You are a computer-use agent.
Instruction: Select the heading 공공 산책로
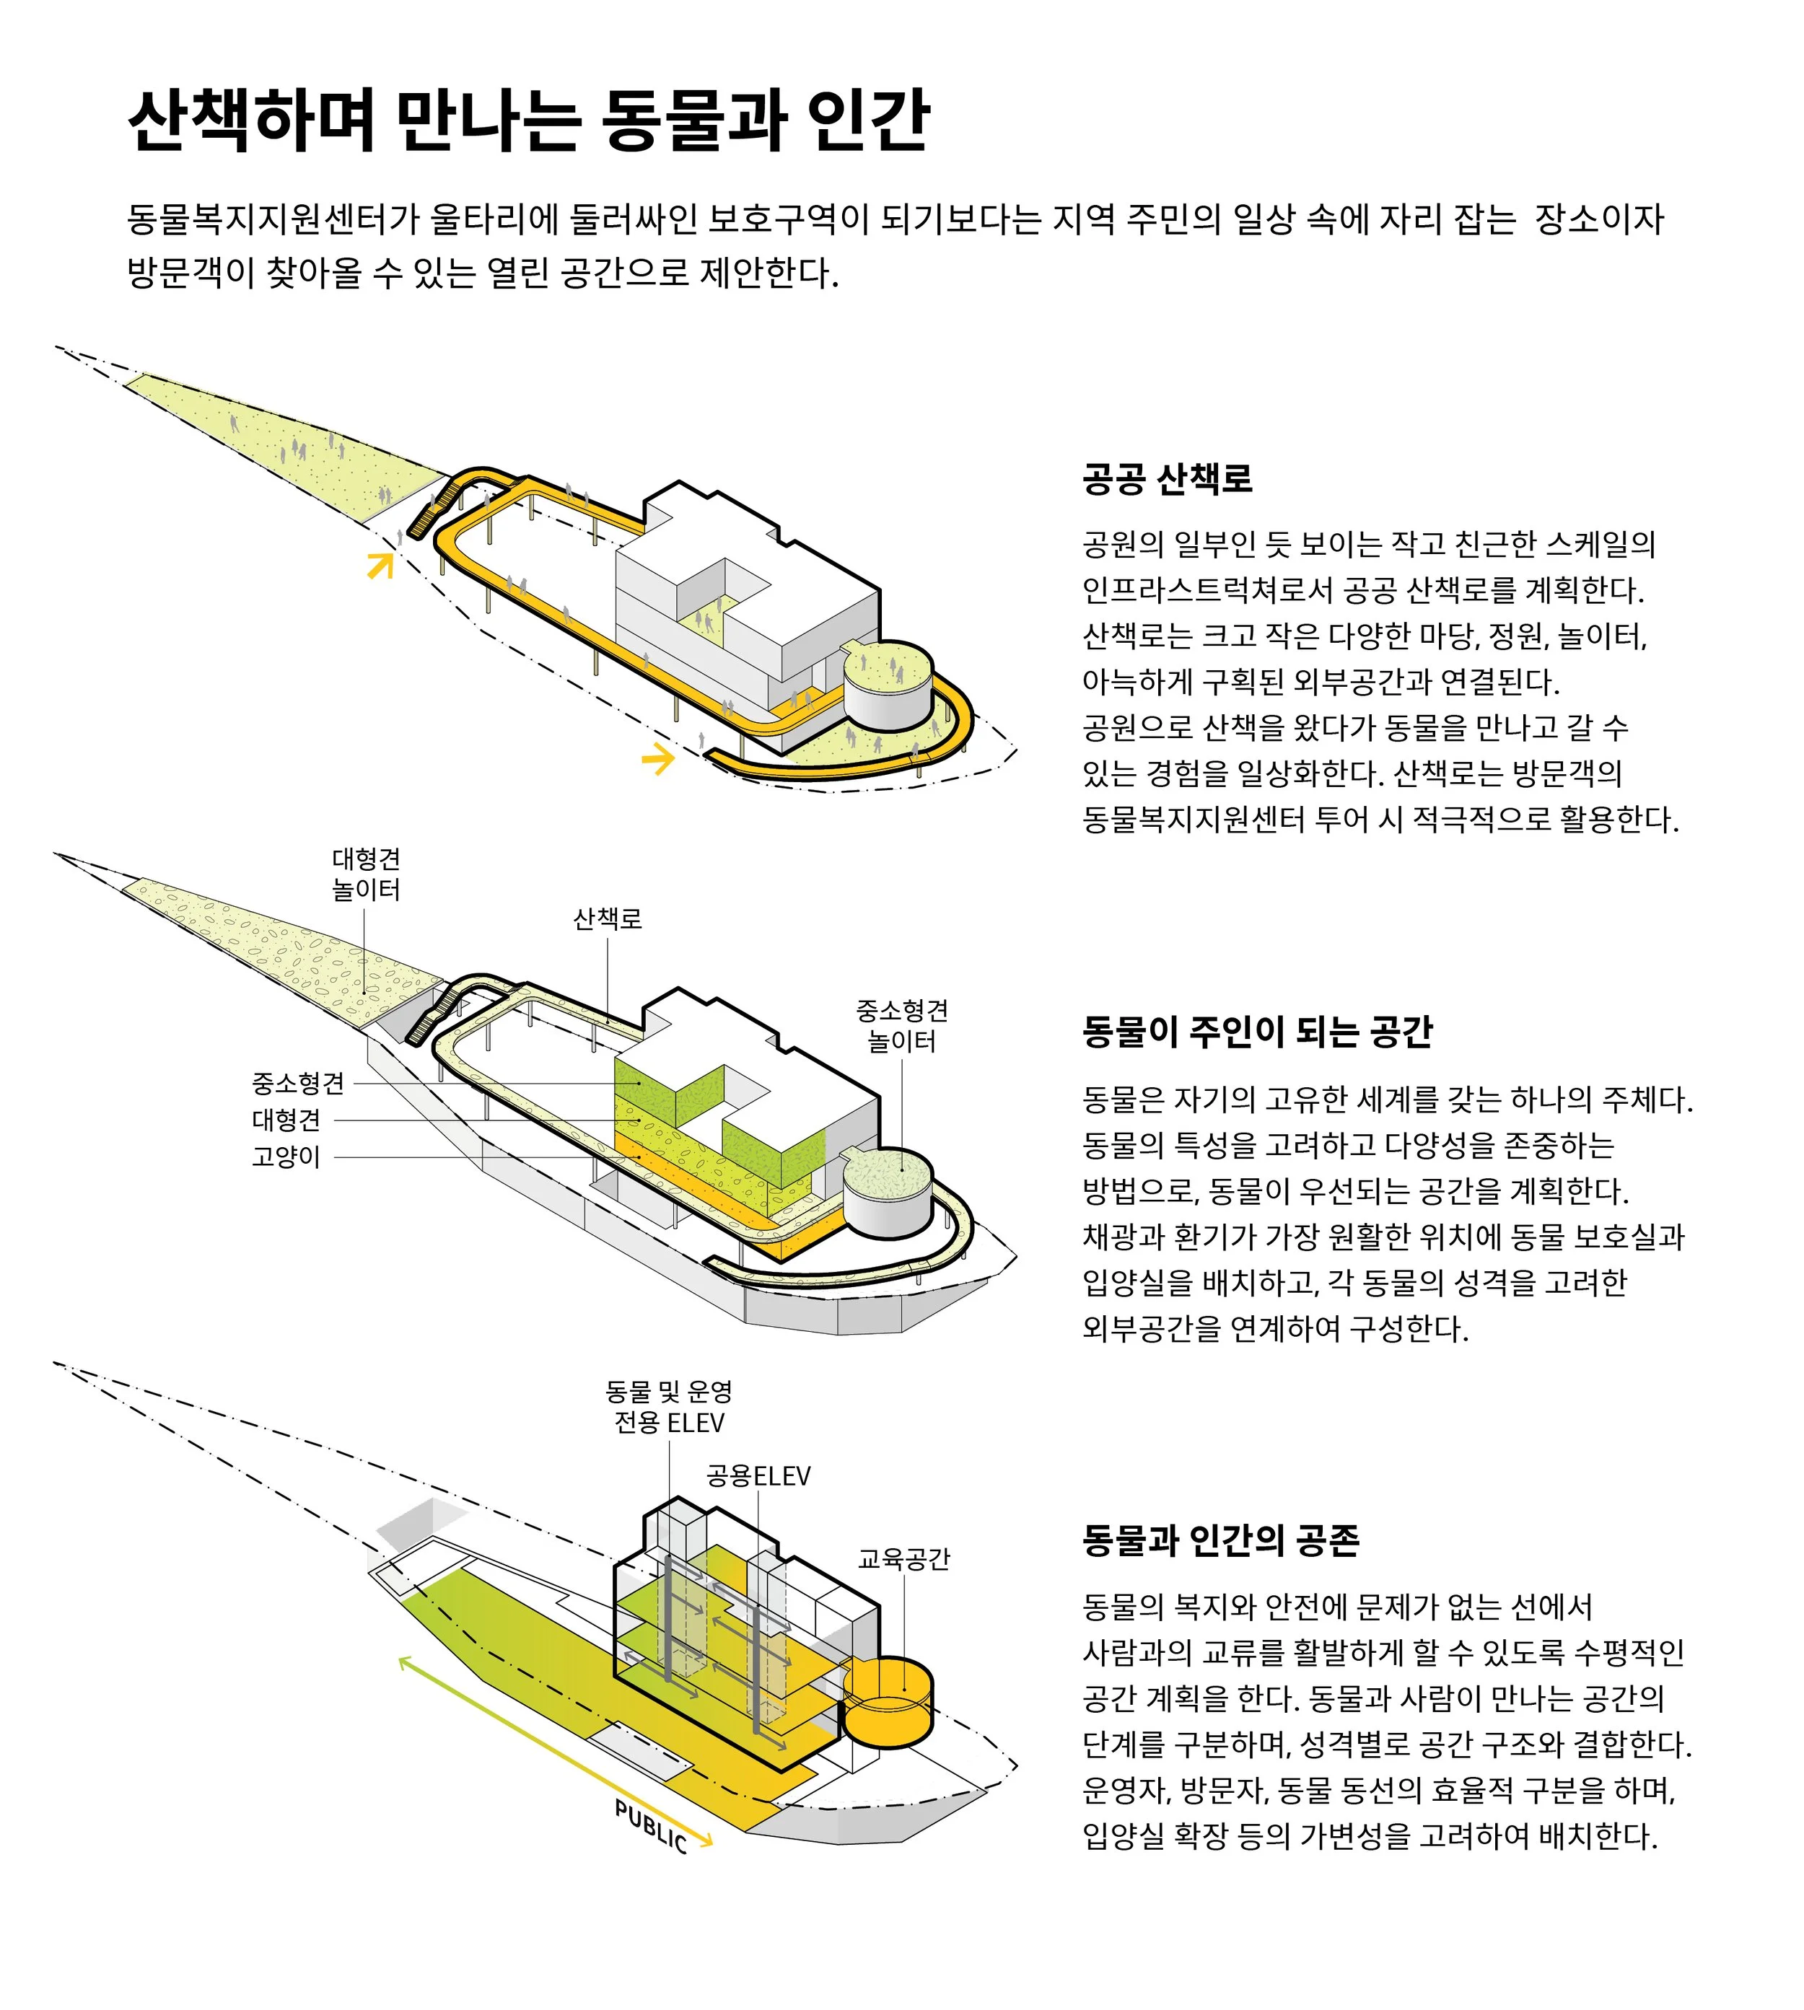pos(1167,479)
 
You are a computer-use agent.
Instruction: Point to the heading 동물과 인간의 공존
pos(1220,1539)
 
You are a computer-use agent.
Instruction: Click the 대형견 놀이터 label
pos(366,874)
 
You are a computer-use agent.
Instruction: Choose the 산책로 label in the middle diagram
pos(608,918)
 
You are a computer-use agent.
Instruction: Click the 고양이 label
pos(286,1157)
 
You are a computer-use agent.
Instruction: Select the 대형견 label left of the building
pos(286,1120)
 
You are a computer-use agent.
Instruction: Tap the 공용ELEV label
pos(758,1476)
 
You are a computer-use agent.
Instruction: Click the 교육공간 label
pos(903,1559)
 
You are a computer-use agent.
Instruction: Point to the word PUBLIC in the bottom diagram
pos(651,1825)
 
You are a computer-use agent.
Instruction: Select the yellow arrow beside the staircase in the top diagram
pos(380,565)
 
